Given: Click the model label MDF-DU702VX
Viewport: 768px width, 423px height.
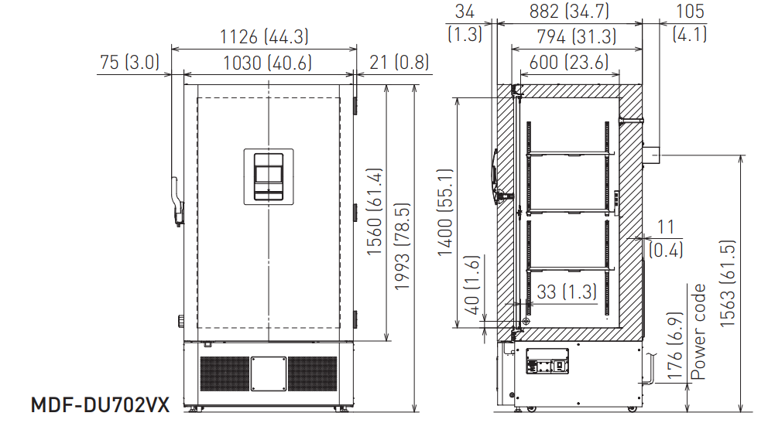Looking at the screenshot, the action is point(100,405).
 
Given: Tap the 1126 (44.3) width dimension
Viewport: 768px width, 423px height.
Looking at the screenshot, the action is point(264,36).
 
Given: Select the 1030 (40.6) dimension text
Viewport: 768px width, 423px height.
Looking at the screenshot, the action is point(267,63).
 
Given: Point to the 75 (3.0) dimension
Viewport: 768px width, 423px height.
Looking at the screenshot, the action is point(130,62).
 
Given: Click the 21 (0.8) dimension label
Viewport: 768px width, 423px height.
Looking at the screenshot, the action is point(399,62).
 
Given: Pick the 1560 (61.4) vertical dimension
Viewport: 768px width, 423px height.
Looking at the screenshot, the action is point(374,211).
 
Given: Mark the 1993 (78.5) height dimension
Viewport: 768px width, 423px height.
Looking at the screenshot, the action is point(402,247).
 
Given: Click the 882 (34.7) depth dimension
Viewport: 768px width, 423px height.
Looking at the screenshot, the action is point(569,11).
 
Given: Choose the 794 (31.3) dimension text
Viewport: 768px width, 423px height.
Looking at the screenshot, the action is point(577,36).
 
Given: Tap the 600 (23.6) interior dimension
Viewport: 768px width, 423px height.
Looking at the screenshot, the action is point(569,62).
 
